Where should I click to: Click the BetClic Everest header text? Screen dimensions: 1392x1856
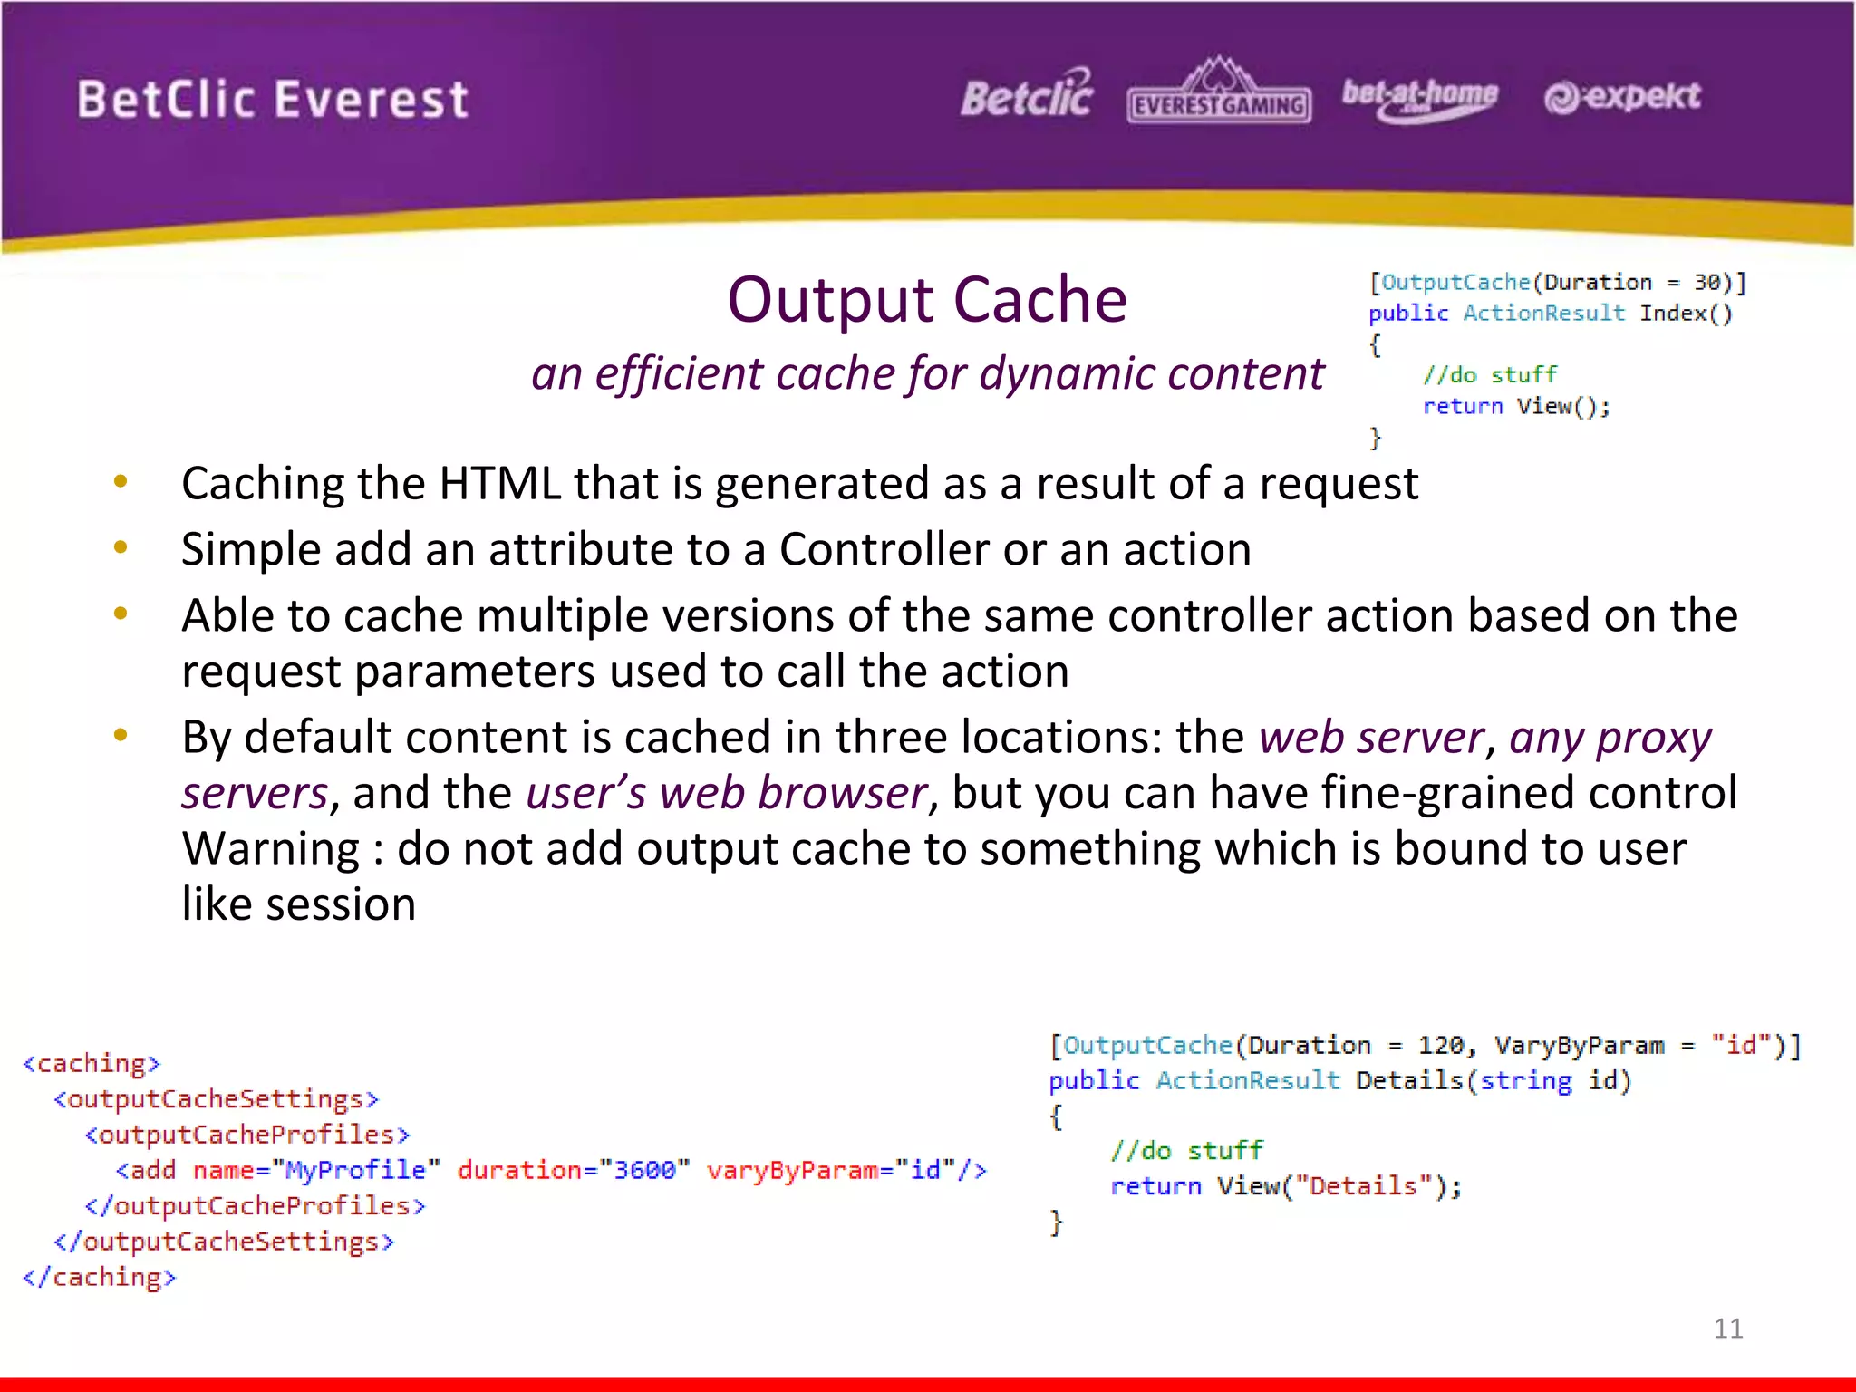tap(272, 99)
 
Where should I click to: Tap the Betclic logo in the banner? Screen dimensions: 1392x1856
tap(1027, 96)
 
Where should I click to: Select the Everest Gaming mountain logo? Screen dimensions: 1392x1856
tap(1219, 92)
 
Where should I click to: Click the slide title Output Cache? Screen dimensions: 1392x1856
tap(926, 300)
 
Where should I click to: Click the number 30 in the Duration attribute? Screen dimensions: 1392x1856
tap(1707, 283)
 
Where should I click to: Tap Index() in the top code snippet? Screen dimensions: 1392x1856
tap(1685, 314)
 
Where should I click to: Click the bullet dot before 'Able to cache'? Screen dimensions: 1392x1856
tap(121, 614)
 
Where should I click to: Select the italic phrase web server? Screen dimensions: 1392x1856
tap(1370, 738)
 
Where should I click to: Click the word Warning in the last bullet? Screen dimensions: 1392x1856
tap(271, 850)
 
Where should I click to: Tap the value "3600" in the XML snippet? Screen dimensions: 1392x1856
tap(644, 1171)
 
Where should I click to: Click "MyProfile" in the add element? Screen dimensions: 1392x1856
tap(355, 1171)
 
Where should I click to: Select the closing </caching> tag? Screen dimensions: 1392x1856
tap(100, 1278)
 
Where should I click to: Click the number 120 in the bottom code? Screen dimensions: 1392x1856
tap(1441, 1046)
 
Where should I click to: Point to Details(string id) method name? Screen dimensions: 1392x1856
tap(1493, 1081)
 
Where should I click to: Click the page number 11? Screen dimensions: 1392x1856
tap(1727, 1329)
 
